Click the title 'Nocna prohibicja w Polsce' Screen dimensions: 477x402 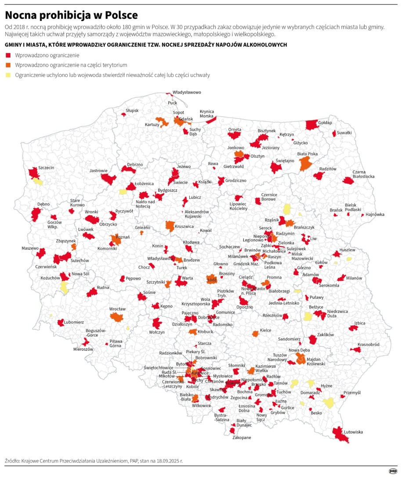71,15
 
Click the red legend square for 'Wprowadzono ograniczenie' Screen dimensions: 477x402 8,55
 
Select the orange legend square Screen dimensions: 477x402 8,65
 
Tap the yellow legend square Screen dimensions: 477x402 8,75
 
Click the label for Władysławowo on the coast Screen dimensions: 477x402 187,93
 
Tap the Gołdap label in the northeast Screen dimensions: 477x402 325,122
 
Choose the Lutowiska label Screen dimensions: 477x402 353,432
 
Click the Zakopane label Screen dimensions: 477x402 242,438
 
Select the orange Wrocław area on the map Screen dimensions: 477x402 116,316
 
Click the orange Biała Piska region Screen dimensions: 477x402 306,163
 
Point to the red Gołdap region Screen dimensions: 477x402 311,125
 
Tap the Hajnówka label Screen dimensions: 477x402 375,215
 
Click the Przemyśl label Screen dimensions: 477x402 352,393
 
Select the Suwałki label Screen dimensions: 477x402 344,133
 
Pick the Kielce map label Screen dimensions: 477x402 265,330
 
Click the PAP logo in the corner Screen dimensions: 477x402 393,471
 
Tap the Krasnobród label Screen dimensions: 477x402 368,344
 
